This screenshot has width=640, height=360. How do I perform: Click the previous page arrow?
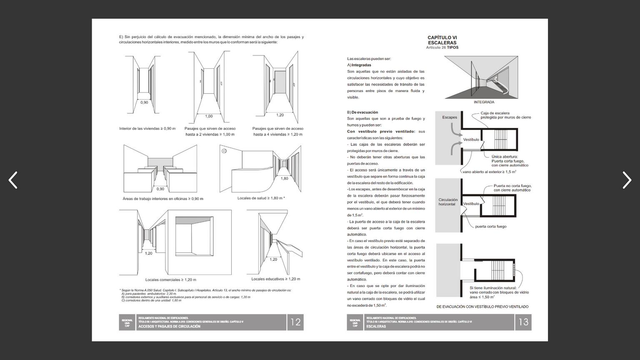point(13,180)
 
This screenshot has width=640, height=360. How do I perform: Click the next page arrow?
point(627,180)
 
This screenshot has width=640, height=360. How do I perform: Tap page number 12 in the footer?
point(295,322)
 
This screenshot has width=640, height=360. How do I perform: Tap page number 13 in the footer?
point(523,322)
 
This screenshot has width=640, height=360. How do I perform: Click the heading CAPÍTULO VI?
point(442,37)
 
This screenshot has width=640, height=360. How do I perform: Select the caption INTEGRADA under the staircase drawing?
point(484,102)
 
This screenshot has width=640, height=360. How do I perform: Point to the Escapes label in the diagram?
point(450,117)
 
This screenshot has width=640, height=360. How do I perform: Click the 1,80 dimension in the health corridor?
point(284,178)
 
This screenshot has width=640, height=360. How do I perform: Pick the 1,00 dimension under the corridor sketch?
point(209,116)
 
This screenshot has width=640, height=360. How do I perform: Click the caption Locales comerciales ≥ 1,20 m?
point(171,280)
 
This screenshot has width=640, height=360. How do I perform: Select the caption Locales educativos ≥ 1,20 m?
point(276,279)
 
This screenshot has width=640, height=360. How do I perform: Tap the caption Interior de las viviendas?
point(147,128)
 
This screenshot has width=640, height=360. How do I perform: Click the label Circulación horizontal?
point(447,202)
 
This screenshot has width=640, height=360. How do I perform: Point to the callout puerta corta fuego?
point(491,227)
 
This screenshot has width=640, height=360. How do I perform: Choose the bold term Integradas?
point(361,65)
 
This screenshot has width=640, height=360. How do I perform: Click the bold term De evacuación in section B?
point(365,112)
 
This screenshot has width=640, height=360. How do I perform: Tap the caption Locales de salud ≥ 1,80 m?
point(261,198)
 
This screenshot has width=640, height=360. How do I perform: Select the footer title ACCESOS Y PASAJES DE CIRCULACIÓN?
point(169,327)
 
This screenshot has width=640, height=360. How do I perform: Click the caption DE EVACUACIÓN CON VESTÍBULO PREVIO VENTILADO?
point(482,307)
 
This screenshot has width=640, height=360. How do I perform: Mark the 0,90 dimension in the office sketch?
point(160,189)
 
